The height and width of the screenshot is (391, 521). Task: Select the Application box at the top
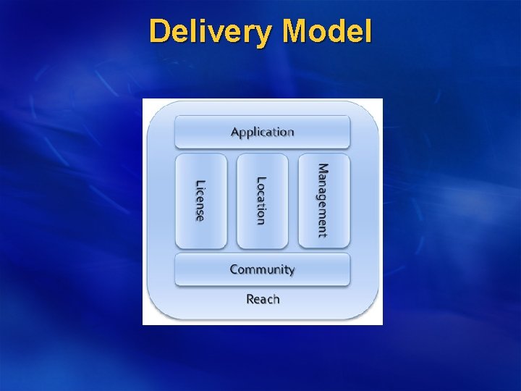click(262, 132)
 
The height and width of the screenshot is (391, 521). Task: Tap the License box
click(200, 201)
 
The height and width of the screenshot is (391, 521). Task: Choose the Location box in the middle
click(262, 201)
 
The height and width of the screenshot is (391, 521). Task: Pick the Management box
click(323, 201)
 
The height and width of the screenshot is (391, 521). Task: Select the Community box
click(262, 269)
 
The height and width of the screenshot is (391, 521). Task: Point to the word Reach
click(263, 298)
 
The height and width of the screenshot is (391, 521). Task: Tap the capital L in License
click(200, 183)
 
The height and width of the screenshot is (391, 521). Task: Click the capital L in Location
click(262, 180)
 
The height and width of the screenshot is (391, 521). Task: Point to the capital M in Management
click(323, 169)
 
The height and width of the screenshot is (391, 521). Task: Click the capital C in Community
click(234, 269)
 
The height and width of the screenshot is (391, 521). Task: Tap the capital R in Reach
click(250, 298)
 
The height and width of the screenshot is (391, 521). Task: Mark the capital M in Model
click(297, 33)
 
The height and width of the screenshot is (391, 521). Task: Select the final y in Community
click(291, 272)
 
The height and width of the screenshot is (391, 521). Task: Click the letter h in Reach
click(276, 298)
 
